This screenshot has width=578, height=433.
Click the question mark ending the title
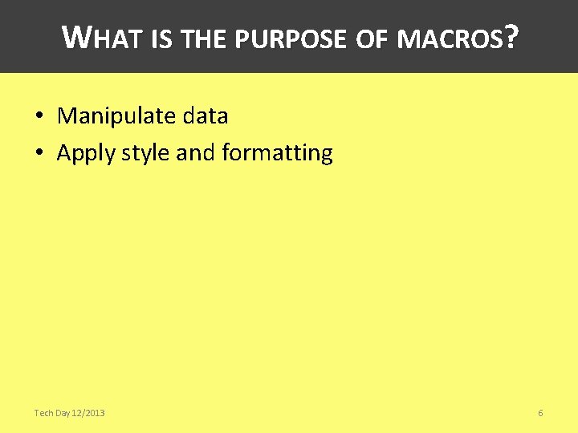pos(512,37)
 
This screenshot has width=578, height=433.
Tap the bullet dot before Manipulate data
pos(39,116)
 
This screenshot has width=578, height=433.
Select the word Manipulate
pos(117,116)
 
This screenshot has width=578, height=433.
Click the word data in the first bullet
pos(206,116)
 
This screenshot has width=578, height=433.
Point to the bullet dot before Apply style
pos(39,153)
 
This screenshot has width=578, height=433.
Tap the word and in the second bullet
pos(195,152)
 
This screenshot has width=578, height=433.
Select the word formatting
pos(277,153)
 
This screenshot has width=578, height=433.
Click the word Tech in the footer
pos(43,413)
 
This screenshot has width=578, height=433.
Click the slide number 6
pos(540,413)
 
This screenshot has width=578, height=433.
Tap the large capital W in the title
pos(75,36)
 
